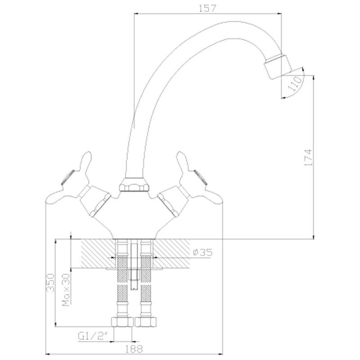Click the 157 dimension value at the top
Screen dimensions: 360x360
[207, 8]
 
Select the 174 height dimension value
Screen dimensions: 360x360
[308, 157]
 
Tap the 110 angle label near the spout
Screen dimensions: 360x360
[295, 84]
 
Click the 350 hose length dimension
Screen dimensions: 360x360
[50, 283]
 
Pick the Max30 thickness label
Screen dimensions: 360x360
[66, 290]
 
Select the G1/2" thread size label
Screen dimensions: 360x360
[93, 337]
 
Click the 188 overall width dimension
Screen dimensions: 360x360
[134, 349]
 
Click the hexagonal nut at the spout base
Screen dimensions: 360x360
[134, 184]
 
